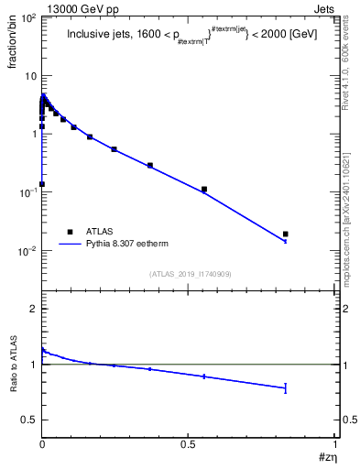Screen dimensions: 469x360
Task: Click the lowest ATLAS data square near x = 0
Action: [42, 183]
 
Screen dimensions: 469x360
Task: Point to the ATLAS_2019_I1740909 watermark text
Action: [189, 274]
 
